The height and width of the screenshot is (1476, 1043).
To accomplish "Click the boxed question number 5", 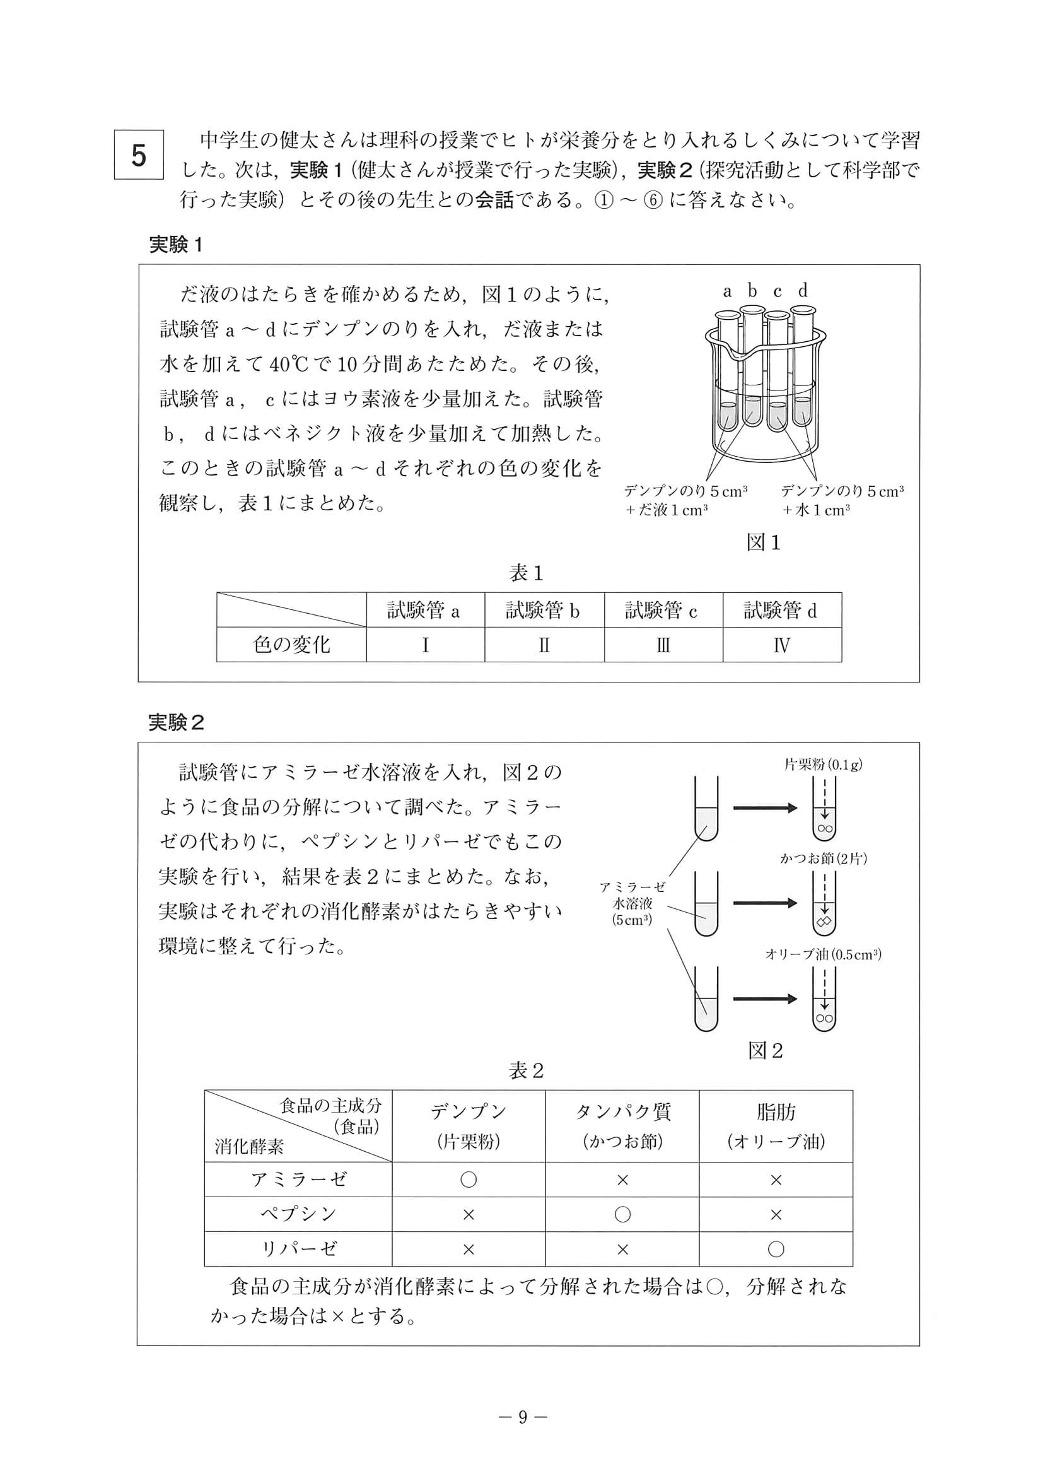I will coord(139,155).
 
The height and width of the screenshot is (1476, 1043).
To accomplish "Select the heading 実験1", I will coord(175,245).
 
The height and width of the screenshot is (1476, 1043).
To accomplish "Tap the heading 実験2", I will coord(176,723).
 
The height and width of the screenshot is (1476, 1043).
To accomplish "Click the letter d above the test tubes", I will coord(803,291).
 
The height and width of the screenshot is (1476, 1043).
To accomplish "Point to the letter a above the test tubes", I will coord(727,292).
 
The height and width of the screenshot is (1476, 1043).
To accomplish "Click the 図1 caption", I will coord(763,542).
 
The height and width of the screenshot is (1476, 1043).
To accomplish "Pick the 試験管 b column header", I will coord(544,610).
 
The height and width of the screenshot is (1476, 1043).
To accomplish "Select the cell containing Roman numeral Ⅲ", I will coord(663,645).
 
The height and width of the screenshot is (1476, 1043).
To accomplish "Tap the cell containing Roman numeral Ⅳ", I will coord(781,645).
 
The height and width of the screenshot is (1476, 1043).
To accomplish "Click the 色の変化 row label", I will coord(291,645).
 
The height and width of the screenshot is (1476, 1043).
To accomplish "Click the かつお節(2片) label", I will coord(823,858).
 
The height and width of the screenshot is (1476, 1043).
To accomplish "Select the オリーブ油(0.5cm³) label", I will coord(822,954).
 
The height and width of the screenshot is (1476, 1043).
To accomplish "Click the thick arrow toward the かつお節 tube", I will coord(764,903).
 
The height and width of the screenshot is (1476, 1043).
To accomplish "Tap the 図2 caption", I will coord(766,1050).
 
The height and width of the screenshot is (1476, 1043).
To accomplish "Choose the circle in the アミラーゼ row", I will coord(469,1179).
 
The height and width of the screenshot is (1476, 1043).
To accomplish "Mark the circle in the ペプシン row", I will coord(622,1214).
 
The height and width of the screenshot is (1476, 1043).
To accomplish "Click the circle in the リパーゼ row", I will coord(776,1249).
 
